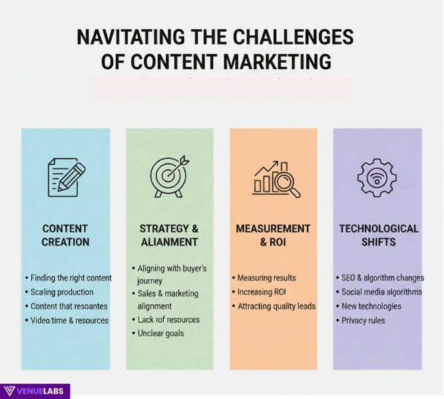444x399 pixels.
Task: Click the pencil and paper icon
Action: click(x=67, y=176)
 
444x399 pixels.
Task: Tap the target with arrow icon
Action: click(x=169, y=176)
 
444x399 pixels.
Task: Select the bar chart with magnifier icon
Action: click(x=276, y=178)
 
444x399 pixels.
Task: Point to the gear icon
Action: click(x=377, y=176)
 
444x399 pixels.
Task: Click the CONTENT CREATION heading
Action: click(x=65, y=235)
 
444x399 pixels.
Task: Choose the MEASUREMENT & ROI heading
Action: click(x=273, y=235)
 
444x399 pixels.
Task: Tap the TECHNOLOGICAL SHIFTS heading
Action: click(x=378, y=235)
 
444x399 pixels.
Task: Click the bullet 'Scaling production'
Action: click(x=62, y=292)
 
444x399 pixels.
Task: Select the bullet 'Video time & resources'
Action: click(x=69, y=321)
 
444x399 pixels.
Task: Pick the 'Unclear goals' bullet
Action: click(x=160, y=333)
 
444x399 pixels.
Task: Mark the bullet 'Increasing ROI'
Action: click(x=261, y=292)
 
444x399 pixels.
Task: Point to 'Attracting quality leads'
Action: click(x=276, y=307)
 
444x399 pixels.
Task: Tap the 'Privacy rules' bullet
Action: click(x=363, y=321)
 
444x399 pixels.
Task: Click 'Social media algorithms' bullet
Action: click(x=381, y=292)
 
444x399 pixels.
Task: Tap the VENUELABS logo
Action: click(x=35, y=391)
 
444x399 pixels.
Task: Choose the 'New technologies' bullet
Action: click(x=371, y=307)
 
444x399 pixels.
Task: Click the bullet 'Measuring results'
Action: click(x=266, y=278)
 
